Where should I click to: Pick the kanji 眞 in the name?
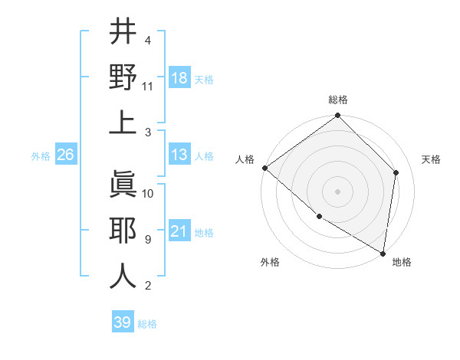pos(123,184)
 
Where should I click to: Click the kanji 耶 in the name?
pos(123,229)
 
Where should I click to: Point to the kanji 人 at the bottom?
pos(123,275)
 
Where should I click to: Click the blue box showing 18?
pos(179,79)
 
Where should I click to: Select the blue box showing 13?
pos(179,155)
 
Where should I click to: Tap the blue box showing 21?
pos(179,232)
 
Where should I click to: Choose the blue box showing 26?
pos(65,155)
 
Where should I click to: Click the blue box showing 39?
pos(123,322)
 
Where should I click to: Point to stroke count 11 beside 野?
pos(148,87)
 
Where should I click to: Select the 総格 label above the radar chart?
pos(338,100)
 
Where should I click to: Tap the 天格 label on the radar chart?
pos(431,159)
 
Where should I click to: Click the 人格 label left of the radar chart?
pos(245,159)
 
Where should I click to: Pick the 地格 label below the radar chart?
pos(402,263)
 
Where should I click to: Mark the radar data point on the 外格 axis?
pos(319,217)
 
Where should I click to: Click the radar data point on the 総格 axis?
pos(338,116)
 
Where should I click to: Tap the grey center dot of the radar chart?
pos(338,191)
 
